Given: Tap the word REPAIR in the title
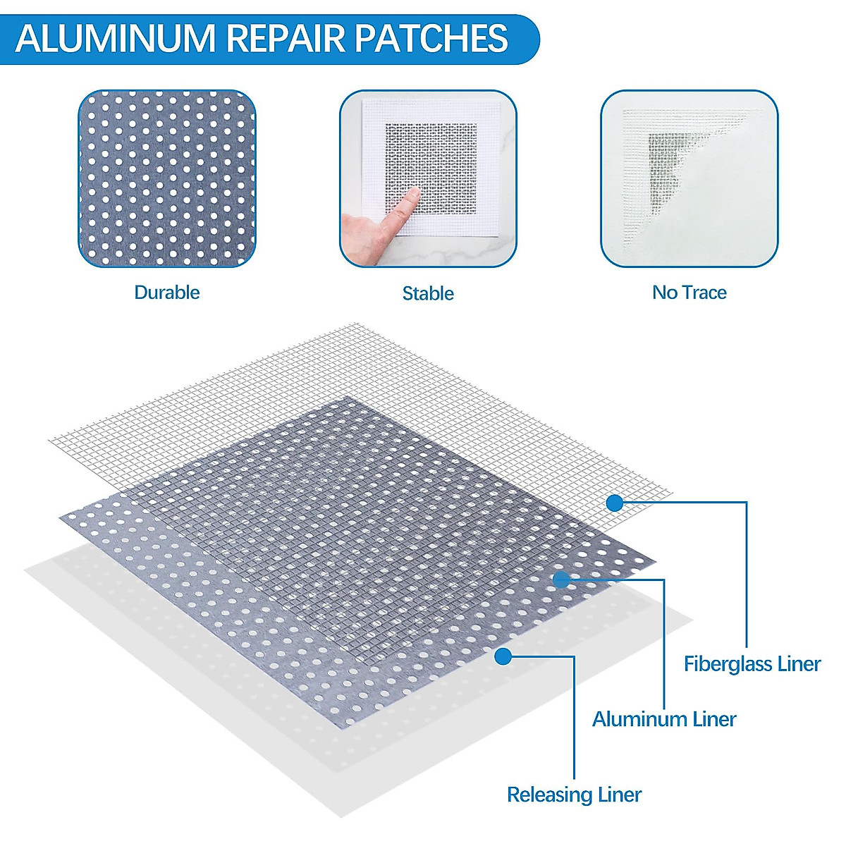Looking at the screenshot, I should click(285, 38).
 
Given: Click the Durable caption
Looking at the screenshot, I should click(167, 293).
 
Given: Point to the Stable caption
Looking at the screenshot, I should click(428, 293).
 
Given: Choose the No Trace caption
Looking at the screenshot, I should click(689, 293).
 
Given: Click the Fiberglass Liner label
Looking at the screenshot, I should click(752, 663).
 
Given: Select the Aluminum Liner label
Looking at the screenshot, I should click(664, 719).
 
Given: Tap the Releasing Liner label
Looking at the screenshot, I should click(574, 795).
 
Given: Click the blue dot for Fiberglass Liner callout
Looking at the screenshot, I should click(615, 503).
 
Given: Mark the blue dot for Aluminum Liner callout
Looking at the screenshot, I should click(561, 580).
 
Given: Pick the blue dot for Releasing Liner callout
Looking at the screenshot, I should click(503, 656).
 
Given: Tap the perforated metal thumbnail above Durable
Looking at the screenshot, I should click(167, 178).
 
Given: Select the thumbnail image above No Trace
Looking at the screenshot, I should click(689, 178).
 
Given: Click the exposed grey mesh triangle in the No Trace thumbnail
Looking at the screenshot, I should click(663, 162).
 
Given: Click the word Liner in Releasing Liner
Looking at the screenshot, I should click(615, 795).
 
